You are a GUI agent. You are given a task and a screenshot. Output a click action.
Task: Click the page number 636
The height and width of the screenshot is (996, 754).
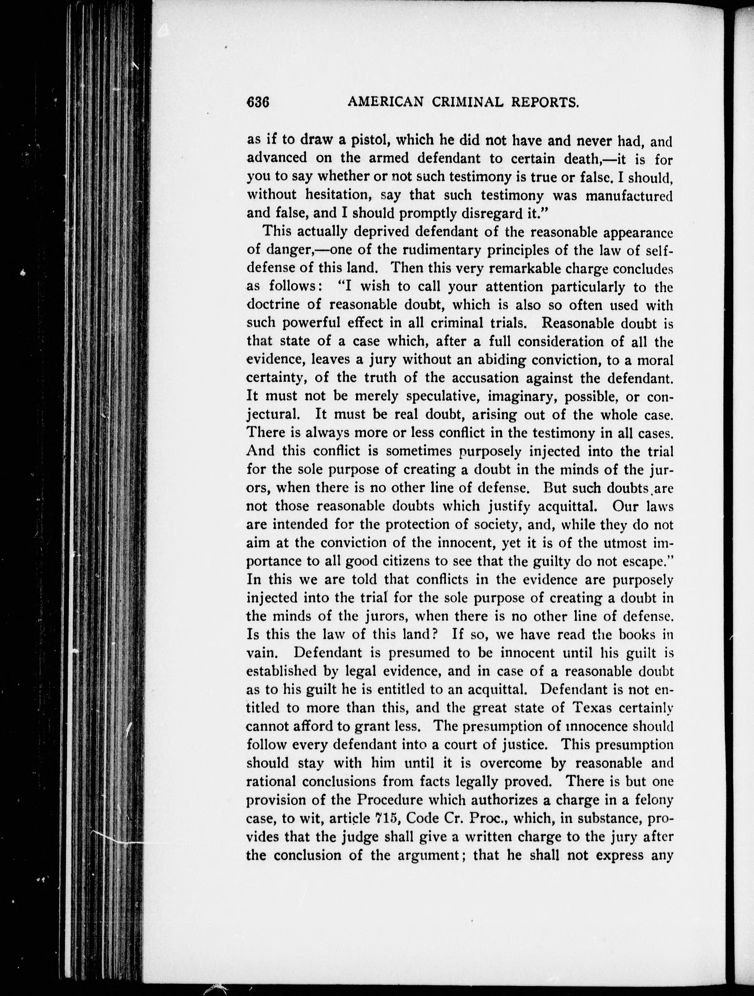258,103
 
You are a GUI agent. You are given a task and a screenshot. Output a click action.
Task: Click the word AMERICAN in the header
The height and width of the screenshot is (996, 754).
385,103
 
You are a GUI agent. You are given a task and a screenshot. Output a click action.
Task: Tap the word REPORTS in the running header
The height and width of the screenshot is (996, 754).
543,103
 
